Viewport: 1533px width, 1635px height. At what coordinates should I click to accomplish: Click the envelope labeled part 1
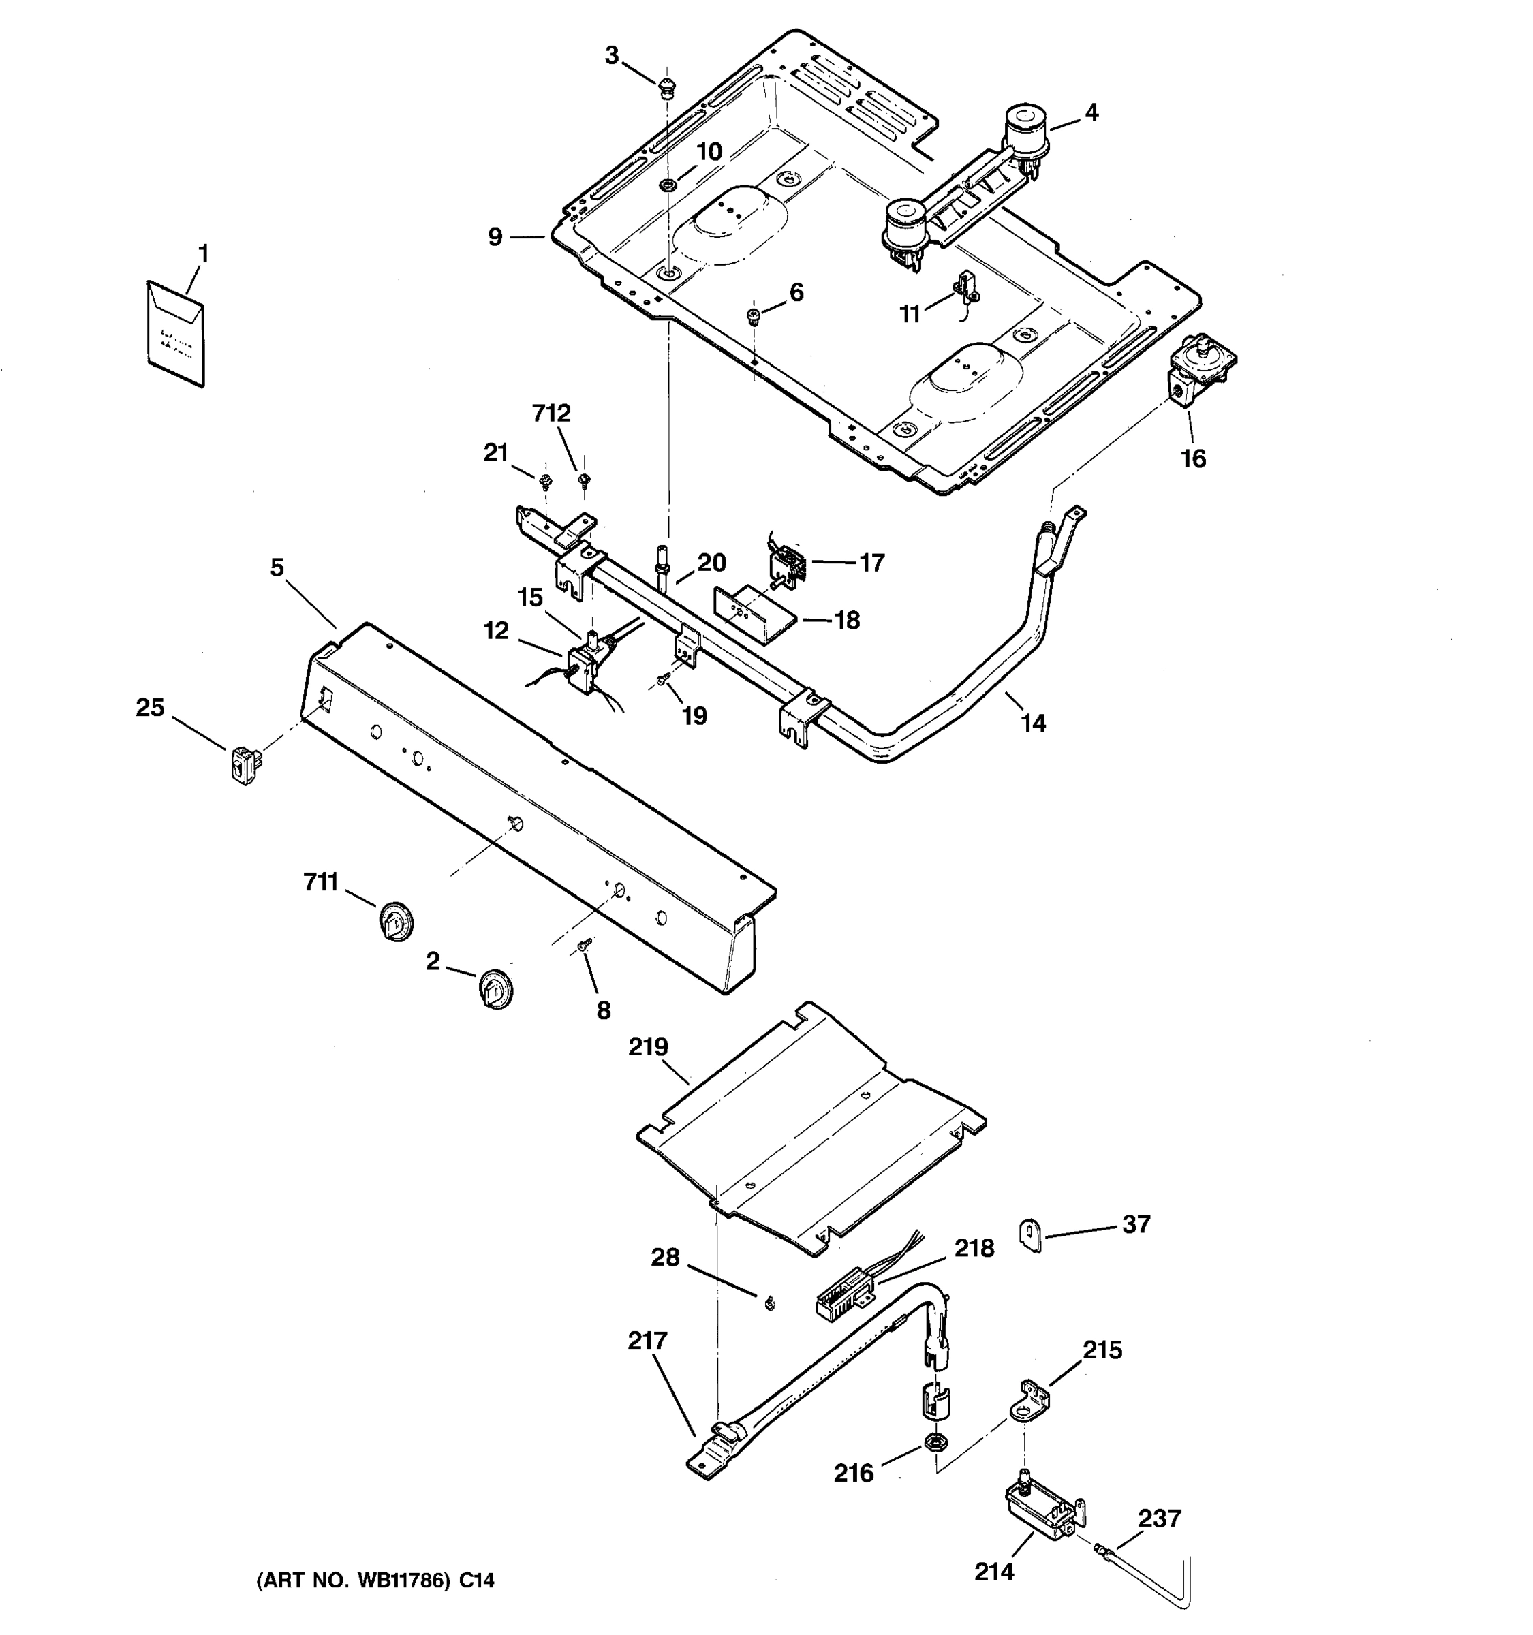pos(175,332)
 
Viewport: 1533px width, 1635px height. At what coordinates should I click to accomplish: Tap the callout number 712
pos(551,413)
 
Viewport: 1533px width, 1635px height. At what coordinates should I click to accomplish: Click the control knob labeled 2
pos(496,988)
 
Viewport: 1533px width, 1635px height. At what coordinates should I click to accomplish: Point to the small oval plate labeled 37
pos(1029,1234)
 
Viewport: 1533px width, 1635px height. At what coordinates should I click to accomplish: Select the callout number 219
pos(648,1047)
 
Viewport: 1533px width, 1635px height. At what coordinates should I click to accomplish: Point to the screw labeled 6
pos(752,316)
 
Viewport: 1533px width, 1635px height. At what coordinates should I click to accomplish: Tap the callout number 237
pos(1159,1519)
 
